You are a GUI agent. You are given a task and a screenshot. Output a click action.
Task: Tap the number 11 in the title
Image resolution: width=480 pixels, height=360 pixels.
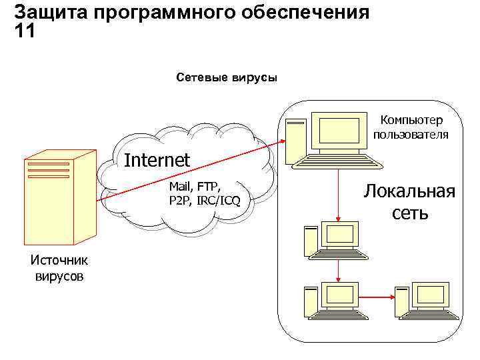pos(24,31)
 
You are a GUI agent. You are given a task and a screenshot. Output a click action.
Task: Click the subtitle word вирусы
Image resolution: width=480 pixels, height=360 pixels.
pos(254,78)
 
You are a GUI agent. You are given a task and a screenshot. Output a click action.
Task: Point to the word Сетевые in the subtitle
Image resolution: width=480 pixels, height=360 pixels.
pos(201,78)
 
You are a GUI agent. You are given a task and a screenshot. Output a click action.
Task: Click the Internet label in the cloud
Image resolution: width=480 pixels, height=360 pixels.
pos(157,160)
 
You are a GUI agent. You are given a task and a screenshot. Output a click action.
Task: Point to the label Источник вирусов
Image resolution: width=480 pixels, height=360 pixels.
pos(59,267)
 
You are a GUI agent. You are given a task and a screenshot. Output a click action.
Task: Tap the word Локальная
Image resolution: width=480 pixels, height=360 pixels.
pos(410,192)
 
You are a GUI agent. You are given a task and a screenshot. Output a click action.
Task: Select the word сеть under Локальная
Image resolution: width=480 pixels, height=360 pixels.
pos(410,213)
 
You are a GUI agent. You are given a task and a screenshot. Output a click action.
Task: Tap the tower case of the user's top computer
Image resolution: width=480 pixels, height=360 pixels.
pos(295,140)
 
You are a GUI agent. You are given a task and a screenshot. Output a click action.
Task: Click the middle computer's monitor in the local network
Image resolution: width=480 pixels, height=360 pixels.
pos(340,235)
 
